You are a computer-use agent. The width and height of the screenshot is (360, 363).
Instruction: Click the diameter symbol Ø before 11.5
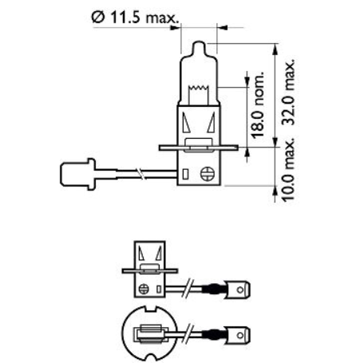point(98,15)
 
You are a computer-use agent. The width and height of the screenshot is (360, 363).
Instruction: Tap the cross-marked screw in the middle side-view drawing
point(144,288)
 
